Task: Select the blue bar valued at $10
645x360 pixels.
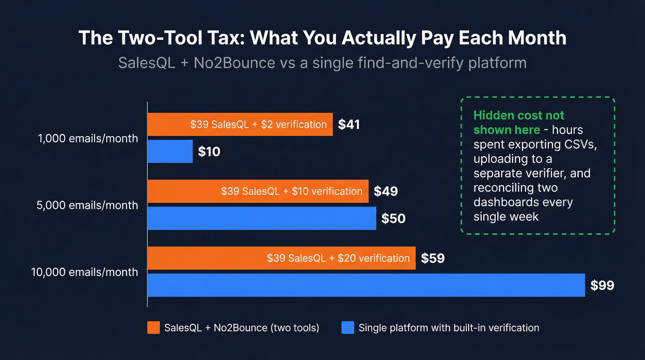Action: (x=170, y=151)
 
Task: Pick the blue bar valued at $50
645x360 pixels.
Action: (x=261, y=218)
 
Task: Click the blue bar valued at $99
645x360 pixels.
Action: (x=366, y=285)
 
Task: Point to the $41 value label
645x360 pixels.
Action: (x=349, y=124)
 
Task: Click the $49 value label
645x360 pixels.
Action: (x=386, y=191)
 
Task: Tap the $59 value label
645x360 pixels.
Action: (x=433, y=258)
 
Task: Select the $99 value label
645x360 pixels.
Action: (x=602, y=285)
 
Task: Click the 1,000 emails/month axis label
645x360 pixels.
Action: (x=88, y=138)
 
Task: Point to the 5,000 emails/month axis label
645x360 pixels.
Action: (x=88, y=205)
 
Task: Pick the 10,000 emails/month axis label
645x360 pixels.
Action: (x=85, y=272)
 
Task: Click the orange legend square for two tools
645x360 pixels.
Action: (x=153, y=328)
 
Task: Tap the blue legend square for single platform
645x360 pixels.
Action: (x=348, y=328)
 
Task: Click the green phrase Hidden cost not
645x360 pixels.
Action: (x=519, y=115)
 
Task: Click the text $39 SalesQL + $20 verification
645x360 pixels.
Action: (x=338, y=258)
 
